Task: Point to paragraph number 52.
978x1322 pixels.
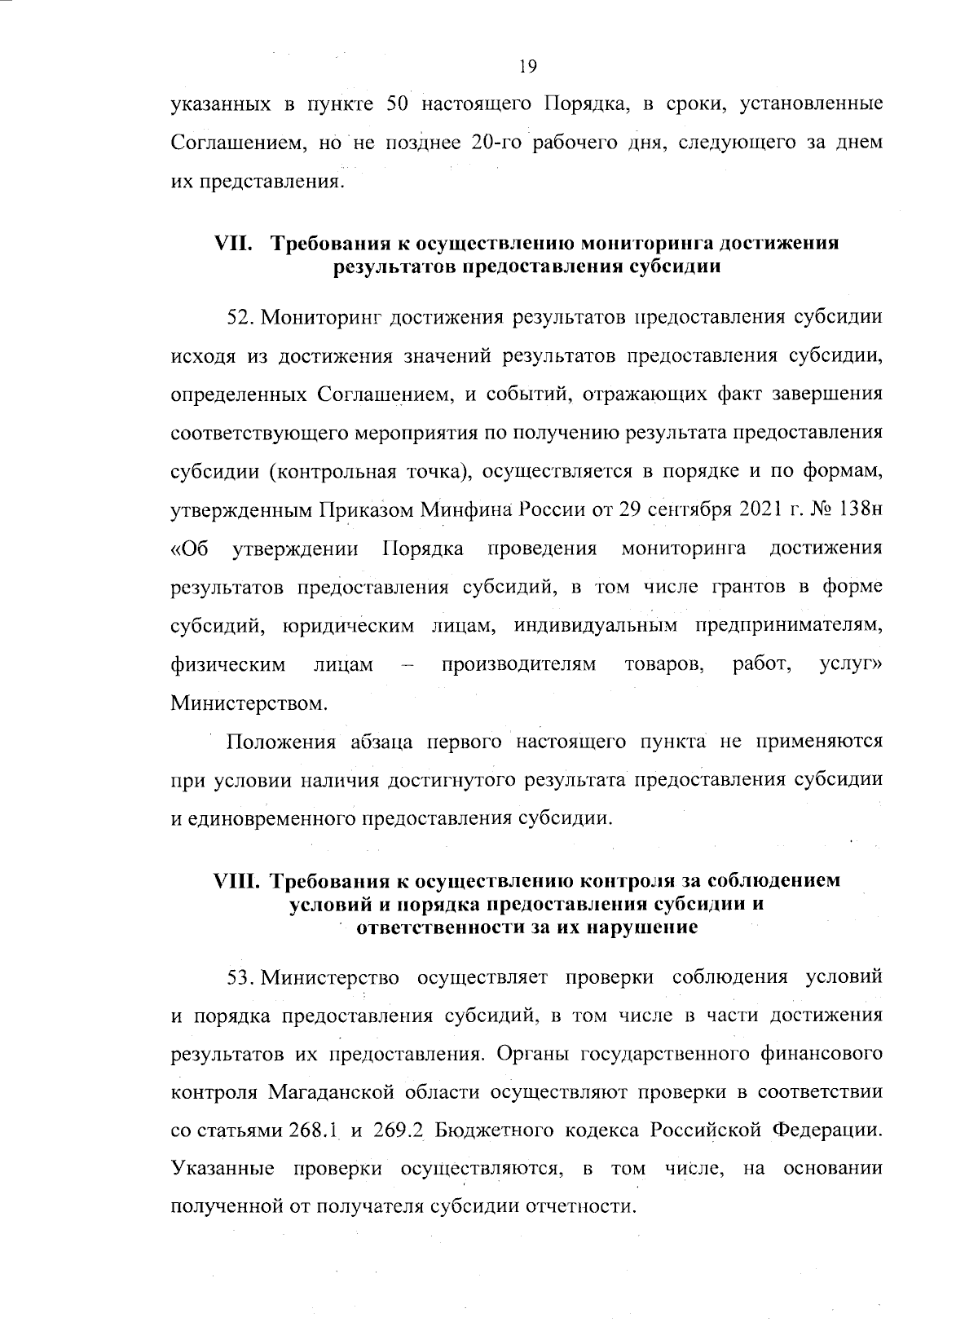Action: point(241,318)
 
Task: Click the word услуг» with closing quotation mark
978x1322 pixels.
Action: point(850,665)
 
